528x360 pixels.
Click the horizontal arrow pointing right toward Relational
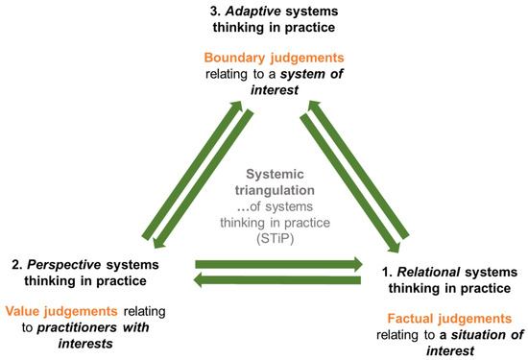[278, 261]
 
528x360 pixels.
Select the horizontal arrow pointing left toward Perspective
[278, 279]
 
